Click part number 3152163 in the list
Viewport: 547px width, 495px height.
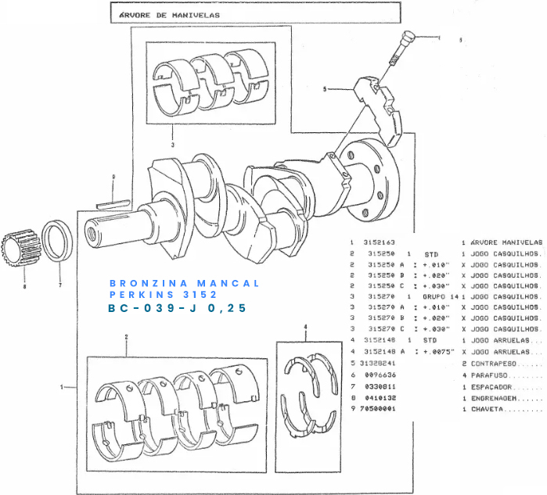tap(379, 243)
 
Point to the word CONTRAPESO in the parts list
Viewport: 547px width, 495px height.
tap(496, 364)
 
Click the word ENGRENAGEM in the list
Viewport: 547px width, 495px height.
tap(497, 397)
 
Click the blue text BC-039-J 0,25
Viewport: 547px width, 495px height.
tap(177, 309)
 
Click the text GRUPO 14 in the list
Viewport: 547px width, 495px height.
tap(440, 298)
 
